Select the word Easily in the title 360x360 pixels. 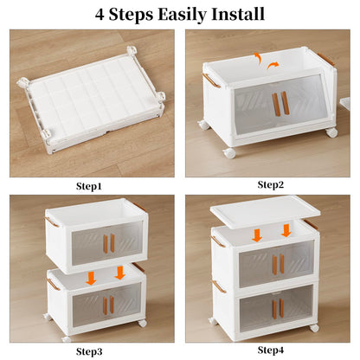click(x=177, y=15)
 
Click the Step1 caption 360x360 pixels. click(x=89, y=185)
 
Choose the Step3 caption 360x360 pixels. click(x=89, y=350)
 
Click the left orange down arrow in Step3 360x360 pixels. click(x=92, y=276)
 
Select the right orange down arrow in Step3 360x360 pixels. click(x=119, y=273)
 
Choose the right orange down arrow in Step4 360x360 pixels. click(x=286, y=230)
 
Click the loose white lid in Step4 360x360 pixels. click(x=265, y=211)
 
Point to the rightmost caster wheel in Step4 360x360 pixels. click(x=313, y=328)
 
